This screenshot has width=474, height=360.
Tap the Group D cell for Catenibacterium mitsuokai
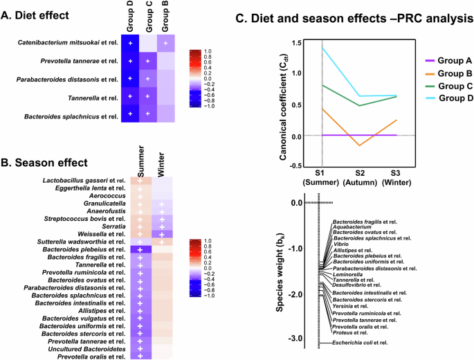tap(129, 43)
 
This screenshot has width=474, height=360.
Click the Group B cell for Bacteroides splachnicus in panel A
tap(165, 113)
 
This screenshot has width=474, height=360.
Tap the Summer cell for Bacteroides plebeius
tap(140, 249)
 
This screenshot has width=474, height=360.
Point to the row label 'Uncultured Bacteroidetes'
tap(87, 348)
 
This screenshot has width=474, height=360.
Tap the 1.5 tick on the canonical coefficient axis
tap(298, 43)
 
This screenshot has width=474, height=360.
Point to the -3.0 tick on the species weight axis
tap(297, 338)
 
